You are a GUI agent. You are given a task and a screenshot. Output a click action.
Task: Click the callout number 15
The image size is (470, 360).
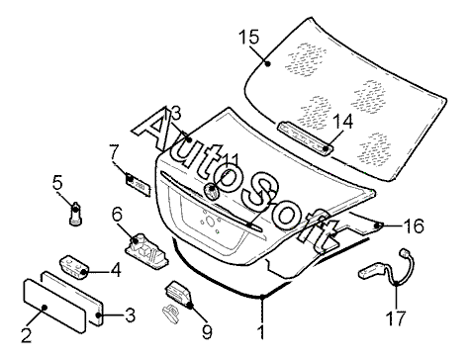pos(249,37)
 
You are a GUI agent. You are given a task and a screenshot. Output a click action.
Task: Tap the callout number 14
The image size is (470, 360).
pos(342,122)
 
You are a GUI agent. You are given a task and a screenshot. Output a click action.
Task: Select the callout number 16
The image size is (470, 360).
pos(414,226)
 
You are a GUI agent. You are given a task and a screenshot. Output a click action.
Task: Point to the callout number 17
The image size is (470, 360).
pos(396,318)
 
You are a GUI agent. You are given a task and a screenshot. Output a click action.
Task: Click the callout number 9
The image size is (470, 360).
pos(207,332)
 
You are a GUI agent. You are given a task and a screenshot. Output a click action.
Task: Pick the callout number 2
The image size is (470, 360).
pos(26,335)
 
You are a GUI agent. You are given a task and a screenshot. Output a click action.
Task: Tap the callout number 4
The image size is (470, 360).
pos(116,270)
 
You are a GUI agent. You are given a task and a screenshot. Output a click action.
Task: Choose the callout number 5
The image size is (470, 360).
pos(57,182)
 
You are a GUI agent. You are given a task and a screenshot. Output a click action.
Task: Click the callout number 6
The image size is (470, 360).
pos(117,215)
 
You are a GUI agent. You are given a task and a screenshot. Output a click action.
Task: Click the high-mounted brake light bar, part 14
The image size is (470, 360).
pos(305,137)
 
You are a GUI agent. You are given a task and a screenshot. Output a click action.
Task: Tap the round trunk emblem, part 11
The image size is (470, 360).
pos(212,191)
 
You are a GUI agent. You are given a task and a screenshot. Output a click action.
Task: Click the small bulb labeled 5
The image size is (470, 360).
pos(75,214)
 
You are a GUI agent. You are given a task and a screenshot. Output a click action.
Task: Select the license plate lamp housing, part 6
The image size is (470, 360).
pos(146,251)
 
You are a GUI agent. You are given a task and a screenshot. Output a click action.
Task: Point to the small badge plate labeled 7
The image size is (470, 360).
pos(139,185)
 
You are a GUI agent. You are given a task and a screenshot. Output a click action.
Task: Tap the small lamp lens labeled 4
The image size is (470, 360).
pos(74,266)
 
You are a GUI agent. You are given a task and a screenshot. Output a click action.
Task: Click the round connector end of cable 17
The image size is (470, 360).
pos(404,253)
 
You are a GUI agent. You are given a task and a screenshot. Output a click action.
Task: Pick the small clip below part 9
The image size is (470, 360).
pos(170,313)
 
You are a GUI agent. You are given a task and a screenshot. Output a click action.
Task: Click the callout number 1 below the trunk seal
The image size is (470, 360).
pos(261,332)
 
